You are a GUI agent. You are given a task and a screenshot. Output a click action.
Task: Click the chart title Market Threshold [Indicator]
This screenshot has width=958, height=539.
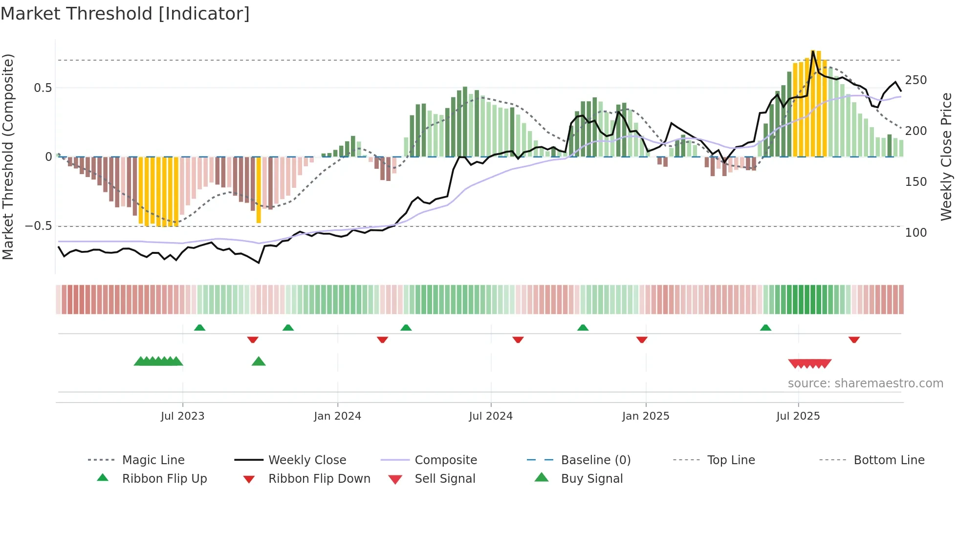(x=125, y=14)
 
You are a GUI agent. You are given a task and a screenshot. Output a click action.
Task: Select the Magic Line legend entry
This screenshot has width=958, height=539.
(x=153, y=460)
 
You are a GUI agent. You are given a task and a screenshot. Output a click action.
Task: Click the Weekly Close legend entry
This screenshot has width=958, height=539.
(x=307, y=460)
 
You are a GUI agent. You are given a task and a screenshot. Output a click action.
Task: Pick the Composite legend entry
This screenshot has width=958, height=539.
(x=445, y=460)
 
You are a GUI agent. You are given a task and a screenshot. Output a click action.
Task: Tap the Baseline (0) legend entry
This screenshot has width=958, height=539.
(x=595, y=460)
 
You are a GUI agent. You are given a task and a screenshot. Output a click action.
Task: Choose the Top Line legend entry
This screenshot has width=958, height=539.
(x=731, y=460)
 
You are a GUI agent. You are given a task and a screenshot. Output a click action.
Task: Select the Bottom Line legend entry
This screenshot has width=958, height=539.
(x=889, y=460)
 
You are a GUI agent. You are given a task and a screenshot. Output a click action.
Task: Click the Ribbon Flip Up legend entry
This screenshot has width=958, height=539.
(x=164, y=479)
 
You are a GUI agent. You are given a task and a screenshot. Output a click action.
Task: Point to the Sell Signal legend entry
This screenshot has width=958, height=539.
(x=444, y=479)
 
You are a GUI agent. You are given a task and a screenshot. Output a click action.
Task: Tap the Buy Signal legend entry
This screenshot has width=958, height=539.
(x=591, y=479)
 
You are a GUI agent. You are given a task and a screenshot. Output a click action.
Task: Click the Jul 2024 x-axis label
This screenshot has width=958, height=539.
(x=491, y=416)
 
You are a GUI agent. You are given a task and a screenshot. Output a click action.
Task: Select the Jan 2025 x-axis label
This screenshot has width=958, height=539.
(x=646, y=416)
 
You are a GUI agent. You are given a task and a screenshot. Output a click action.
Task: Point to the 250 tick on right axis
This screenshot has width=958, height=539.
(x=915, y=80)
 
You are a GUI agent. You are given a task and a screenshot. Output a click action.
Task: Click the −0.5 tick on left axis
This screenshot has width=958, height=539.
(x=38, y=226)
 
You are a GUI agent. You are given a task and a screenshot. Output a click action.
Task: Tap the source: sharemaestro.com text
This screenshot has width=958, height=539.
(x=865, y=383)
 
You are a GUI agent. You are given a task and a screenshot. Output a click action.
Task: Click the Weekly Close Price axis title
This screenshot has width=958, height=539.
(x=946, y=157)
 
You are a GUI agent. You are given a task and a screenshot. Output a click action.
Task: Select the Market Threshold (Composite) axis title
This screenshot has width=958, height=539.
(x=8, y=157)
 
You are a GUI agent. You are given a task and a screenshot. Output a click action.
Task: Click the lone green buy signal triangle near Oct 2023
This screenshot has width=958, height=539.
(x=259, y=361)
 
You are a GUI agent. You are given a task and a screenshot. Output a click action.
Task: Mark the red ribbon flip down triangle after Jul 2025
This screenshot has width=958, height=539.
(x=854, y=339)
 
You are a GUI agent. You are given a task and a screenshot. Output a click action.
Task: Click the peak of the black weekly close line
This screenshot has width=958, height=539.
(x=813, y=51)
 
